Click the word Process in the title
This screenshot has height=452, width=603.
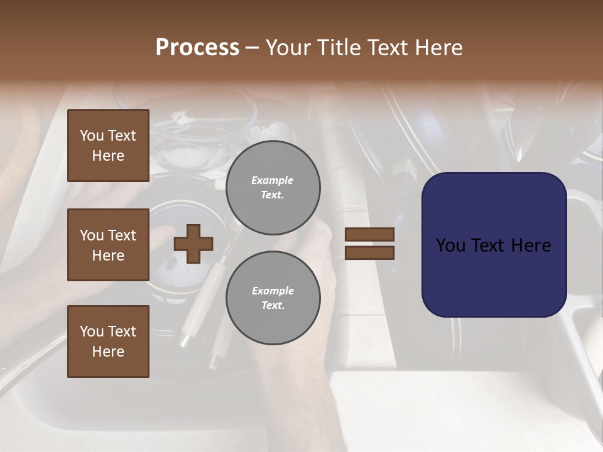(197, 48)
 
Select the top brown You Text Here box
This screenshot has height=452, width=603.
(108, 146)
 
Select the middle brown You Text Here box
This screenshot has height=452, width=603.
(108, 245)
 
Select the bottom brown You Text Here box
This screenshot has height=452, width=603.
(108, 341)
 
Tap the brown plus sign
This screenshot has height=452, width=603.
(193, 244)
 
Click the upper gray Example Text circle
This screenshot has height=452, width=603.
(273, 187)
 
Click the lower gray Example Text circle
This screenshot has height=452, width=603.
(273, 298)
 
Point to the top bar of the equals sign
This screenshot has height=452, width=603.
(369, 235)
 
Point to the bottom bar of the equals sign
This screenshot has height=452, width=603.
(369, 252)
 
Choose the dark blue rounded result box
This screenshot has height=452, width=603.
(494, 245)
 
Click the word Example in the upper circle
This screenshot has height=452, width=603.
(273, 180)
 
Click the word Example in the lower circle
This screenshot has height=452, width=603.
(273, 291)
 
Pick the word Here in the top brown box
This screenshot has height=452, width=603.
(108, 156)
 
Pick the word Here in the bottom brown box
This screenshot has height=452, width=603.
(108, 352)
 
